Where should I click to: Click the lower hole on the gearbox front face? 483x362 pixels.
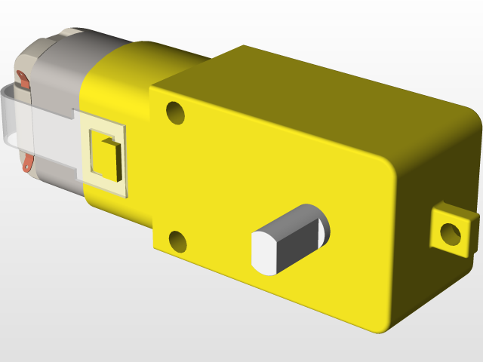178,241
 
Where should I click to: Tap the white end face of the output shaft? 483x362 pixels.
262,253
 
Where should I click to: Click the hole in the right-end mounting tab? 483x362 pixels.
451,233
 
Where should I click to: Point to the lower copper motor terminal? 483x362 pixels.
29,161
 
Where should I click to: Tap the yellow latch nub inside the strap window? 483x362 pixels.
105,157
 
